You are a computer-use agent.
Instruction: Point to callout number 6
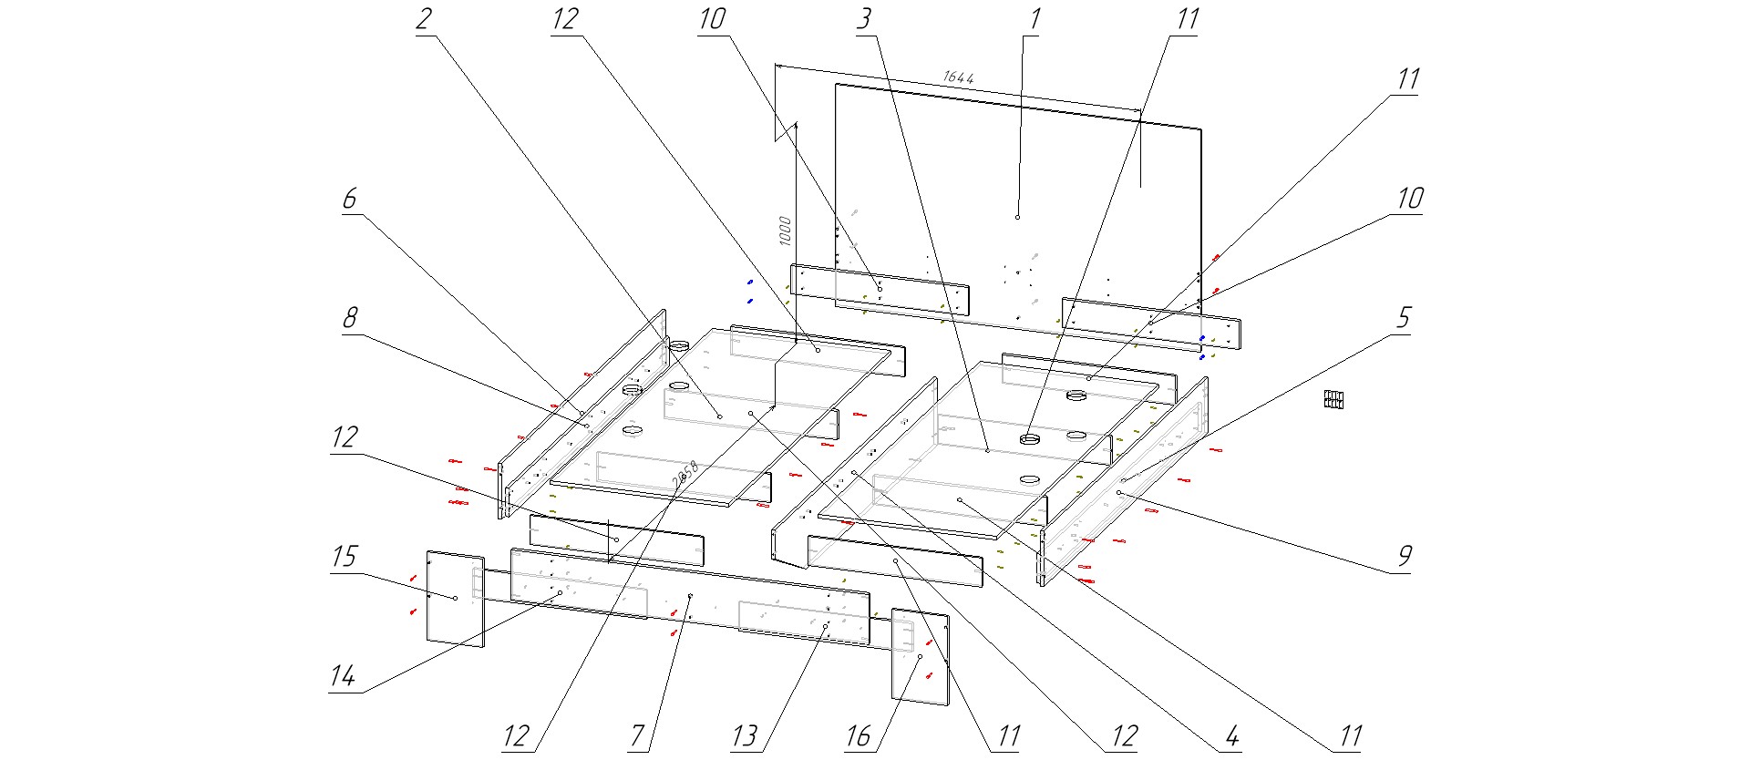(350, 199)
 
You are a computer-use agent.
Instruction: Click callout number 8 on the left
(350, 318)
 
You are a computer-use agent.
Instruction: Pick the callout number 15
(345, 557)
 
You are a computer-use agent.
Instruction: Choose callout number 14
(343, 676)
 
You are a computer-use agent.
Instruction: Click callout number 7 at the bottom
(638, 735)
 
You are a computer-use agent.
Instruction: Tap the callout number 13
(745, 735)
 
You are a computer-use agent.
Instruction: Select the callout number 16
(859, 735)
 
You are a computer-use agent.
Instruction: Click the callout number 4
(1231, 735)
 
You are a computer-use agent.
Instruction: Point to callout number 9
(1405, 556)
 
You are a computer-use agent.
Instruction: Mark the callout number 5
(1404, 318)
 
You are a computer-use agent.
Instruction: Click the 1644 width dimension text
(959, 77)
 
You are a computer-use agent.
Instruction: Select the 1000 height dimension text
(785, 231)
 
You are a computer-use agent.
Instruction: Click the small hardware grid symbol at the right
(1335, 399)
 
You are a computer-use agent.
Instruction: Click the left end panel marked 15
(455, 598)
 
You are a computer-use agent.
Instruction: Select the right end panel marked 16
(920, 657)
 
